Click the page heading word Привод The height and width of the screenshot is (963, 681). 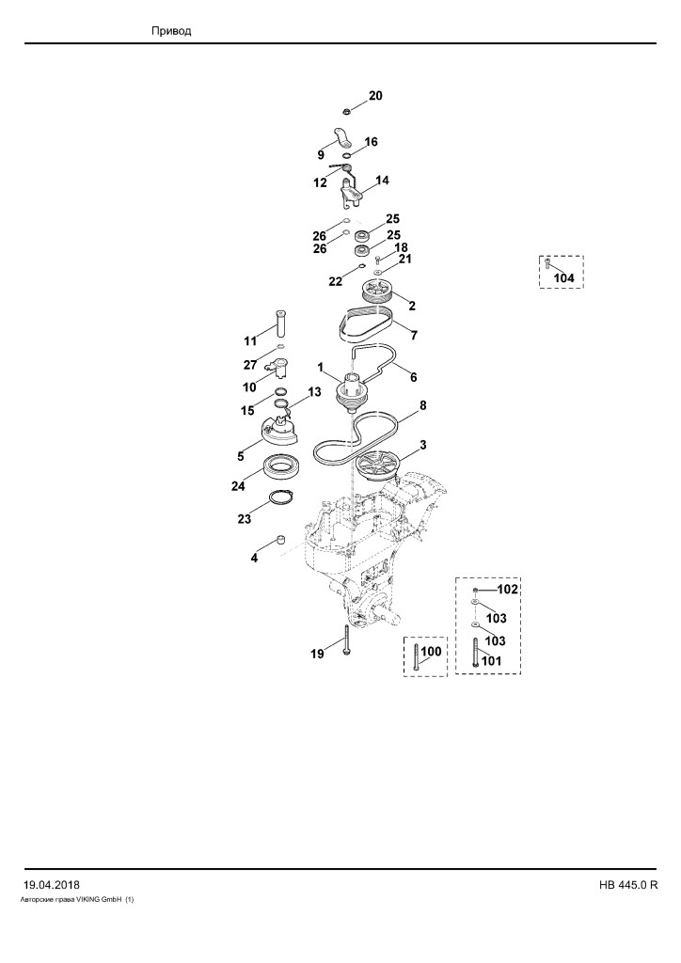click(171, 31)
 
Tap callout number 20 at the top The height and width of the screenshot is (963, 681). click(375, 95)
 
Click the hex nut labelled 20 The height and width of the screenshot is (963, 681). click(346, 111)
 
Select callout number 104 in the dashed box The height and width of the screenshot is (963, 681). click(563, 277)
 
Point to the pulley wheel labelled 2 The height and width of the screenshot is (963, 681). click(377, 291)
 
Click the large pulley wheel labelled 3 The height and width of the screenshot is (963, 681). click(378, 468)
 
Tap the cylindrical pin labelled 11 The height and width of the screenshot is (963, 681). click(281, 324)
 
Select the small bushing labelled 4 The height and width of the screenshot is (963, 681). click(282, 541)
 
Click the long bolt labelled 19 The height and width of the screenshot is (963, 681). click(348, 639)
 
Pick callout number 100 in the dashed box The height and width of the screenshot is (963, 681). click(431, 651)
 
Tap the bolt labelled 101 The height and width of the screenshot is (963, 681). click(475, 653)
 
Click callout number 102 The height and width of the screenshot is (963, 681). click(507, 589)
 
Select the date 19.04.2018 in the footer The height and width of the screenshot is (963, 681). click(52, 885)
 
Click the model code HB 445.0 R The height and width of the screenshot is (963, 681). click(628, 885)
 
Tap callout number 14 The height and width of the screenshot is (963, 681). click(382, 181)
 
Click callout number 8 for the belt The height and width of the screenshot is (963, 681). click(422, 405)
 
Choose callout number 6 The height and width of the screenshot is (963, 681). click(413, 377)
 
